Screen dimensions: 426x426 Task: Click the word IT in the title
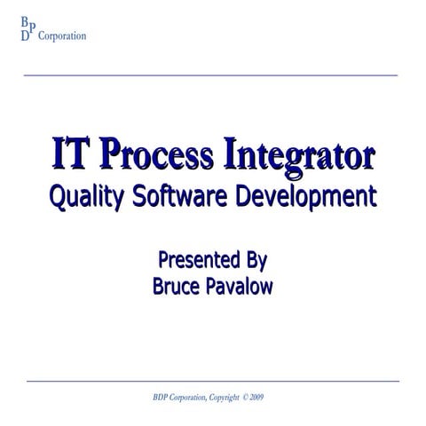tap(72, 154)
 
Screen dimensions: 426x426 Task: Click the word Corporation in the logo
tap(61, 37)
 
